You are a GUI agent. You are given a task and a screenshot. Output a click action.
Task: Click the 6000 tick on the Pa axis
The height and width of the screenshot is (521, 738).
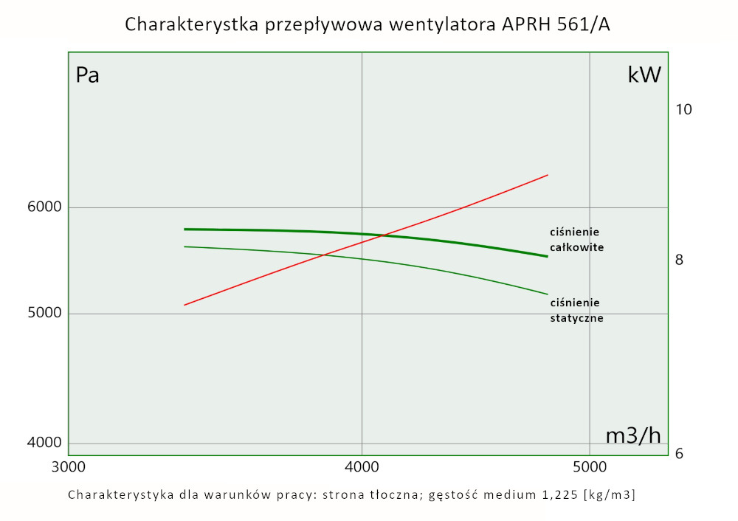pyautogui.click(x=45, y=207)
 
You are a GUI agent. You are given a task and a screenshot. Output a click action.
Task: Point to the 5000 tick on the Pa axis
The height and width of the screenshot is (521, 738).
pyautogui.click(x=45, y=314)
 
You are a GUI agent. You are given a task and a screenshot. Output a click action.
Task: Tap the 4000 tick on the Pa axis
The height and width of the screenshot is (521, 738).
pyautogui.click(x=45, y=443)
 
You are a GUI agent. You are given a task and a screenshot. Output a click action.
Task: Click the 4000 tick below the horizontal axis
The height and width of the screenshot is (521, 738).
pyautogui.click(x=362, y=467)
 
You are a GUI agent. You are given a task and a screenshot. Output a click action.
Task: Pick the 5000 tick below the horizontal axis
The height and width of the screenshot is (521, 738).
pyautogui.click(x=589, y=467)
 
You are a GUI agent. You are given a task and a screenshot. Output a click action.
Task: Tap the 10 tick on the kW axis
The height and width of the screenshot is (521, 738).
pyautogui.click(x=683, y=110)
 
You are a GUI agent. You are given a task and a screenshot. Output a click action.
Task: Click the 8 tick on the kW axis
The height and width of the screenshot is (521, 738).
pyautogui.click(x=679, y=260)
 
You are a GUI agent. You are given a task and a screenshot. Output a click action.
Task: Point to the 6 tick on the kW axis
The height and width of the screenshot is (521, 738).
pyautogui.click(x=679, y=453)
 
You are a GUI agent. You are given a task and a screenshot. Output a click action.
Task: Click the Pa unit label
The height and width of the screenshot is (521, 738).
pyautogui.click(x=88, y=75)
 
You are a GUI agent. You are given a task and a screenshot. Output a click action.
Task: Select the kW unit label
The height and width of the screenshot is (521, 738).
pyautogui.click(x=644, y=75)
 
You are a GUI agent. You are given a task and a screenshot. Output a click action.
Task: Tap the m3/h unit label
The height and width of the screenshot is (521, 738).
pyautogui.click(x=633, y=435)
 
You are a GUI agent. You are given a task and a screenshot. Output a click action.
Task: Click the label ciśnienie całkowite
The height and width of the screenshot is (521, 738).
pyautogui.click(x=576, y=240)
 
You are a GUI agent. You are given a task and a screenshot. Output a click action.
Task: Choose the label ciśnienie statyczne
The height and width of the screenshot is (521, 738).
pyautogui.click(x=576, y=311)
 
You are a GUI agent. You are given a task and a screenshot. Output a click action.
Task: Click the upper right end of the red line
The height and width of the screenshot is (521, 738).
pyautogui.click(x=548, y=175)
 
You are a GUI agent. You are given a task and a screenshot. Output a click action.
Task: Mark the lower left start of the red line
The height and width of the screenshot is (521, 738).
pyautogui.click(x=184, y=305)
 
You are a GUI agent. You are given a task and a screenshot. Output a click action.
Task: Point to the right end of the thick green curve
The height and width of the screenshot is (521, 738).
pyautogui.click(x=548, y=256)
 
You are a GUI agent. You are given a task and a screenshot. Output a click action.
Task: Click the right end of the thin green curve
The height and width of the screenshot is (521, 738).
pyautogui.click(x=548, y=294)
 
